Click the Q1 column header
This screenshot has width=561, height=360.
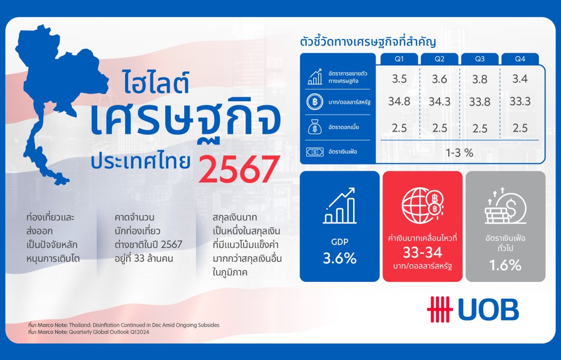tap(399, 59)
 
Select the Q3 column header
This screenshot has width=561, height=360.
tap(480, 59)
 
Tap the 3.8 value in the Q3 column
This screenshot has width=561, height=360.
tap(480, 79)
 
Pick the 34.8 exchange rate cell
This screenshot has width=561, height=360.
tap(399, 101)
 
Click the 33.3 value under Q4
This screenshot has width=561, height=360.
tap(520, 101)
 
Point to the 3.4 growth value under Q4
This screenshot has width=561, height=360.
tap(520, 79)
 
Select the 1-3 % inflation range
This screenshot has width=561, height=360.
tap(459, 152)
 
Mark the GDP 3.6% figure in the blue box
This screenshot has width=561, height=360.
tap(340, 258)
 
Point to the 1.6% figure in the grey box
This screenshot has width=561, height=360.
tap(505, 265)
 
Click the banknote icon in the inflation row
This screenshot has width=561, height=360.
tap(314, 152)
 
